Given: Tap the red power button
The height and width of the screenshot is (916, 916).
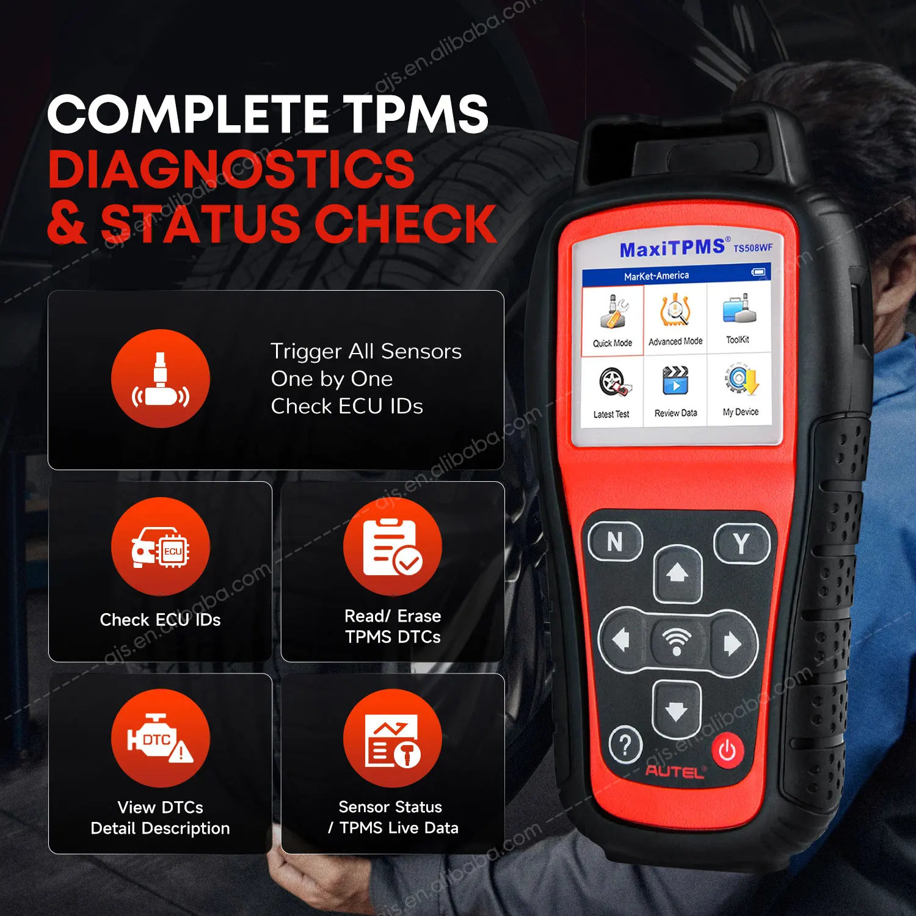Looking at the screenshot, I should click(x=727, y=750).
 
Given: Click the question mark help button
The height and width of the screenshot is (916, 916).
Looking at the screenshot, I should click(x=625, y=746).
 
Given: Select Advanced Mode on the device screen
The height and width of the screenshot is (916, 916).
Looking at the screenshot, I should click(x=675, y=318).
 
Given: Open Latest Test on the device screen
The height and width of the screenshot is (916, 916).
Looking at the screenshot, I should click(x=612, y=390).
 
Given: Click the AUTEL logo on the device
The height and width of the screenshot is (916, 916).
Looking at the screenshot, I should click(x=675, y=772).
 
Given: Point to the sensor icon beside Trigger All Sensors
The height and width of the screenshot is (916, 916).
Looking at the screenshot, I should click(x=161, y=379).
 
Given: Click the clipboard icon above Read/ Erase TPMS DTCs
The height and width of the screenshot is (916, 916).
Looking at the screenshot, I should click(x=393, y=547).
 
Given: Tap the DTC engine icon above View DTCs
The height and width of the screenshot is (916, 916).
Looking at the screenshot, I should click(x=161, y=738).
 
